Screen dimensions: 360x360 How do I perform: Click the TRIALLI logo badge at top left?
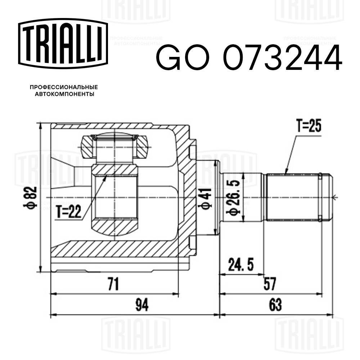click(63, 43)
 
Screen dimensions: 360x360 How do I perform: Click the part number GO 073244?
click(248, 58)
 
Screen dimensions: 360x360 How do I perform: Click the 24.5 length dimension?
click(241, 266)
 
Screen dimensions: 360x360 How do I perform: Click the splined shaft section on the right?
click(292, 197)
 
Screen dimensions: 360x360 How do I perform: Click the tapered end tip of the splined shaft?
click(328, 197)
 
